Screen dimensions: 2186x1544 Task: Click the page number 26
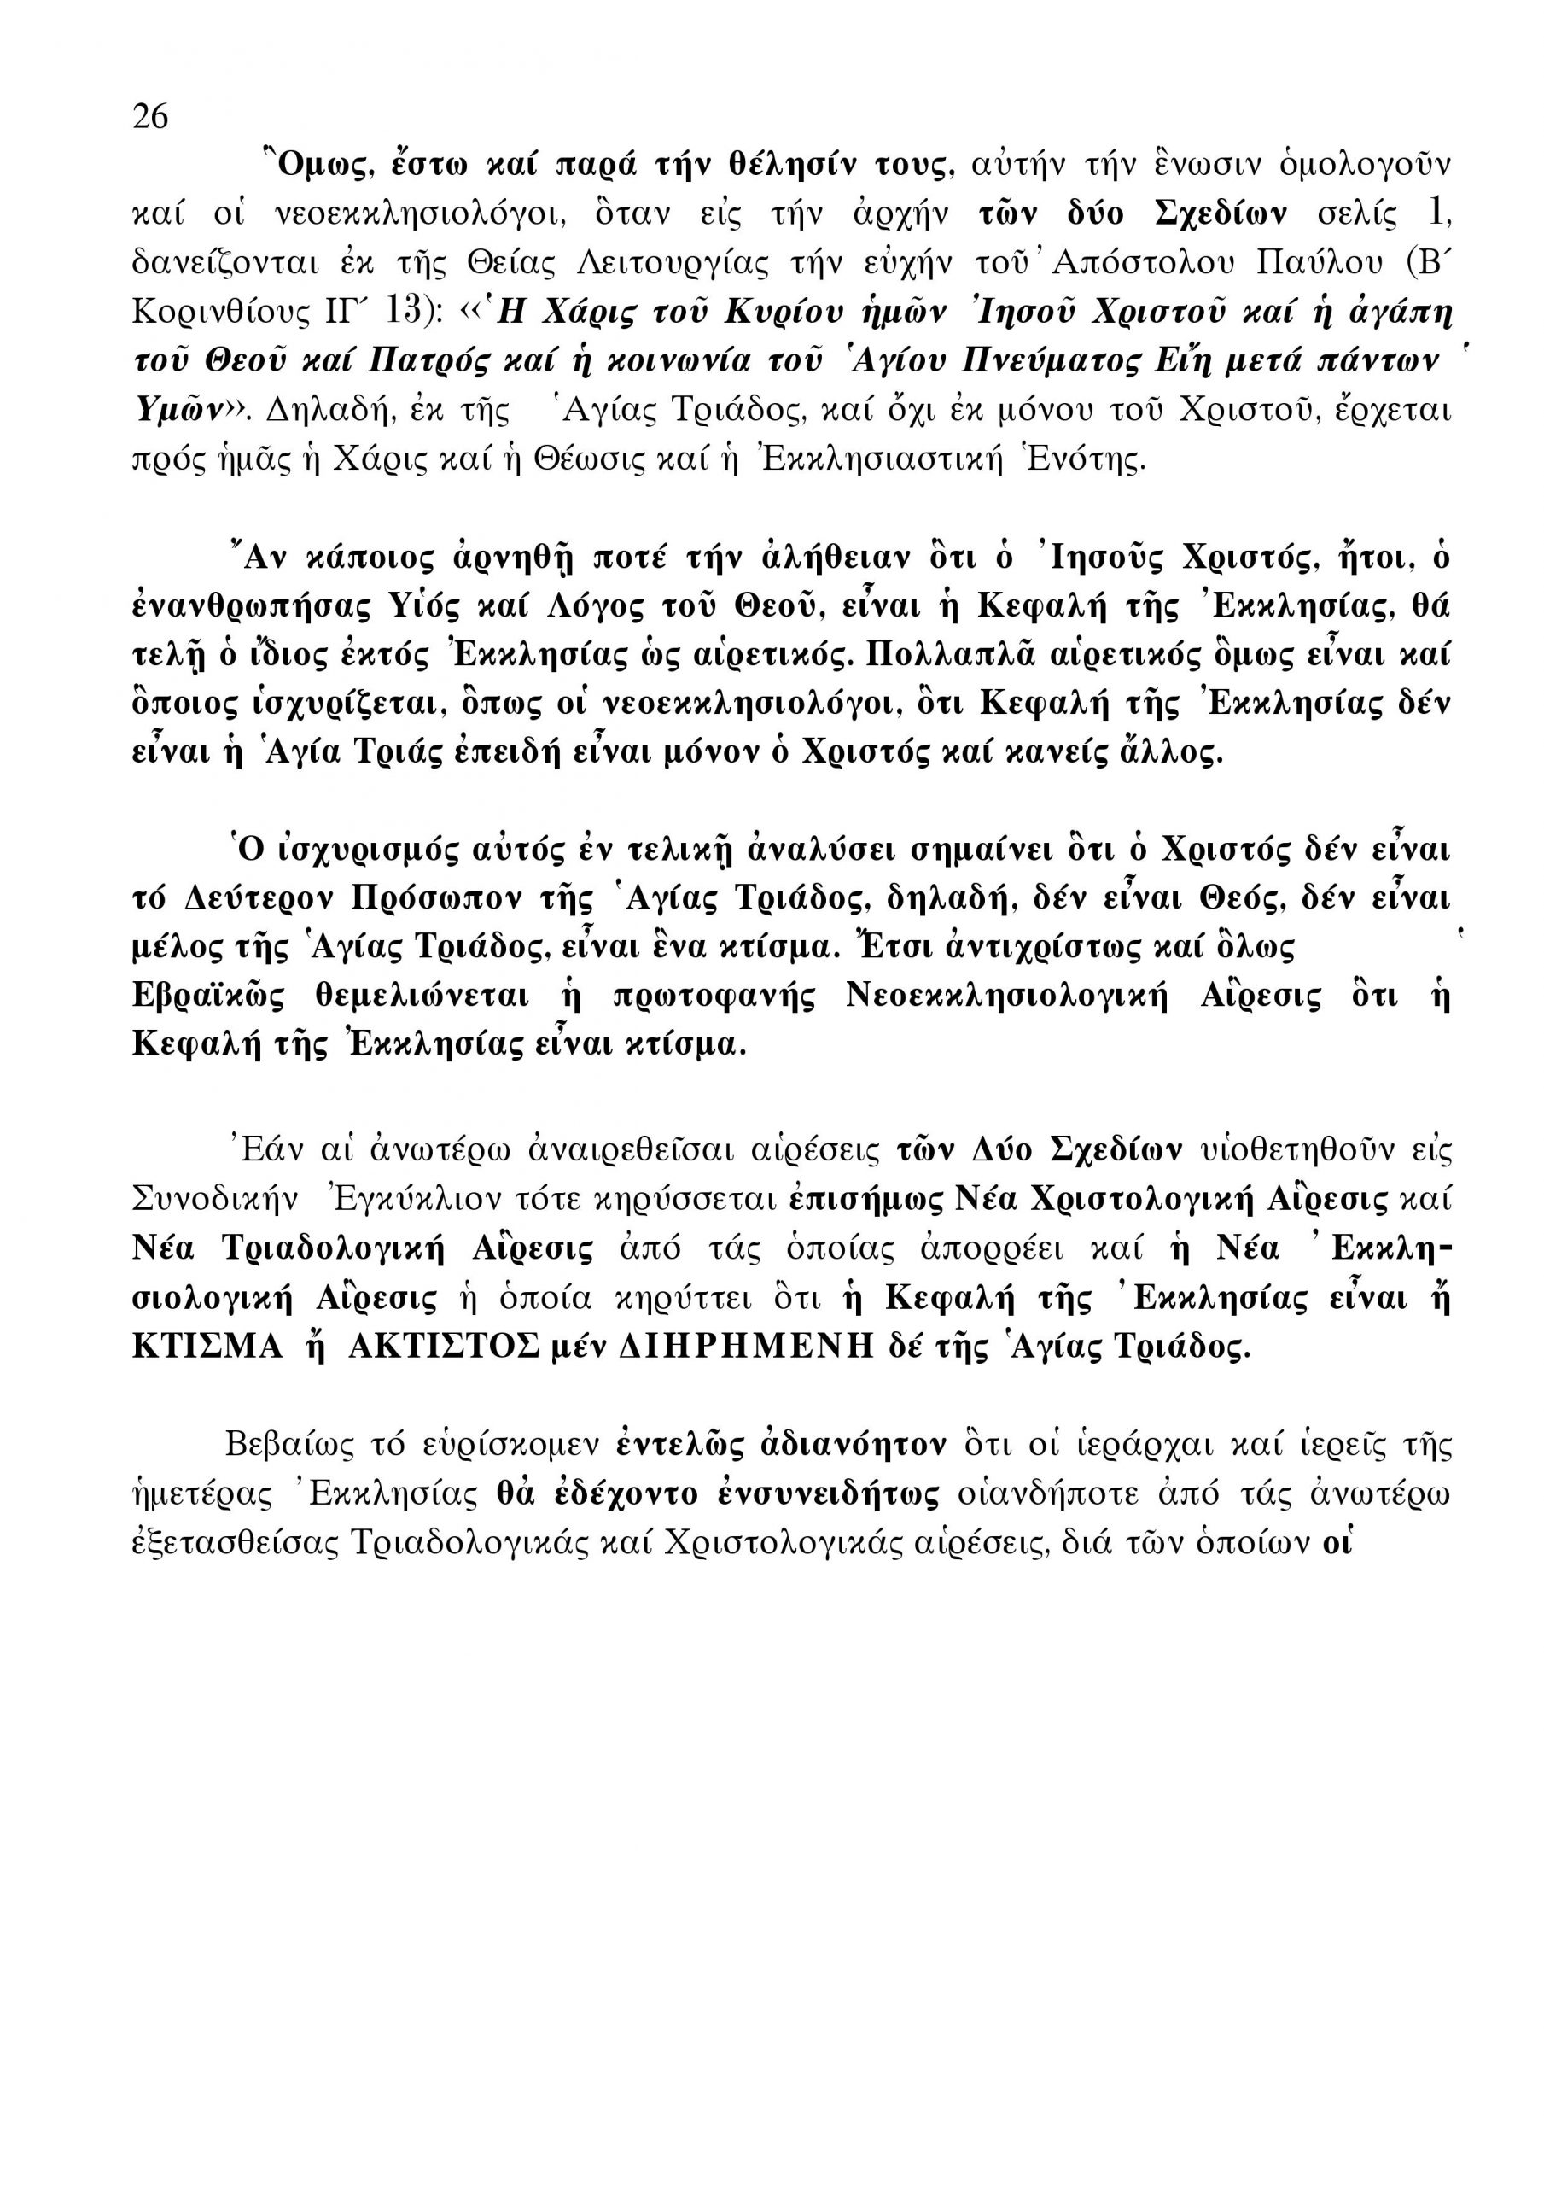[x=150, y=117]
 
